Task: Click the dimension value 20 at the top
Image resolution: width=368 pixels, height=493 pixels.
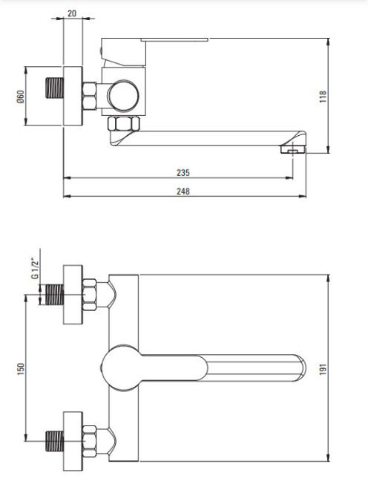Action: coord(72,13)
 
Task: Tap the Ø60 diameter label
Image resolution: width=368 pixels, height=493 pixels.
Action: coord(21,97)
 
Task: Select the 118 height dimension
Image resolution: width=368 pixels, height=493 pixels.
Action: coord(323,97)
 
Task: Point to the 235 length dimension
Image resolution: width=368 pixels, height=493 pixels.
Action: coord(183,172)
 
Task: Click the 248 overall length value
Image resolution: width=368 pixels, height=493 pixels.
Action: coord(183,191)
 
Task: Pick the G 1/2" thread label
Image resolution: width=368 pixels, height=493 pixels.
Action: coord(35,268)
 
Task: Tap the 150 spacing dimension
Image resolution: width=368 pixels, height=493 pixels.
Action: coord(21,369)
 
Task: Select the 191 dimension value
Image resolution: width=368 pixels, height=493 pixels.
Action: coord(323,369)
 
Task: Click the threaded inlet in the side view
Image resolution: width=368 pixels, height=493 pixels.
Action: coord(55,88)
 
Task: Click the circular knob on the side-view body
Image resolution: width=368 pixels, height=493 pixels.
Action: coord(123,97)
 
